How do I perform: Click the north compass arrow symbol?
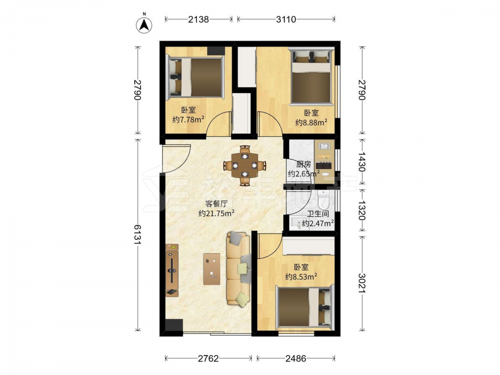point(144,25)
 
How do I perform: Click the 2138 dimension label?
point(198,19)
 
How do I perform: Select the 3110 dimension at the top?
point(286,19)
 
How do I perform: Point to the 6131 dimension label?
point(137,234)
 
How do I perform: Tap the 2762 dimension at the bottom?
point(208,358)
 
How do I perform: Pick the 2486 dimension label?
point(295,358)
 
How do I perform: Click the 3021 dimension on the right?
point(361,283)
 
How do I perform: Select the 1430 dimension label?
point(361,161)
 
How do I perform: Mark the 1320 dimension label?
point(361,210)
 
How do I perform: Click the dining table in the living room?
point(244,165)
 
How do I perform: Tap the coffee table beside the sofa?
point(211,269)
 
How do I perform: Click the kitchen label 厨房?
point(303,164)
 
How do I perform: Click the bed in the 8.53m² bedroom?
point(304,307)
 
